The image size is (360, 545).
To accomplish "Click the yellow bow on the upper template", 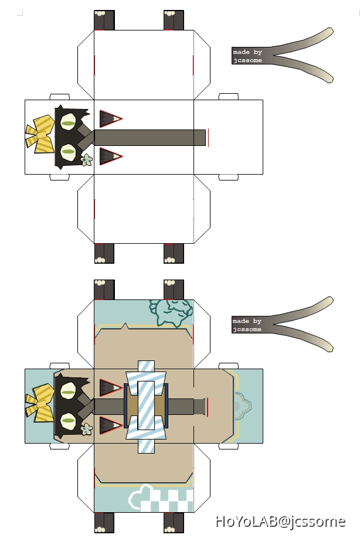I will [40, 135].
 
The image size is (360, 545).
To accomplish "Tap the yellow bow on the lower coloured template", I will [40, 404].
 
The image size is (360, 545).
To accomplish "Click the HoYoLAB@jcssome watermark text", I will [280, 521].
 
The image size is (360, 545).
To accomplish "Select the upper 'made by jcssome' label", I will [247, 56].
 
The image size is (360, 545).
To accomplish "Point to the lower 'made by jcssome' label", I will [247, 325].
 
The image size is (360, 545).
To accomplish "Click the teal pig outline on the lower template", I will [171, 311].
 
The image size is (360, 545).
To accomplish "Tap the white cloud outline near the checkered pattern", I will [140, 499].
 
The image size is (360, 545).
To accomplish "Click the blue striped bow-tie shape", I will [146, 407].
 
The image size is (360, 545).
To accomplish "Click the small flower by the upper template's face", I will [87, 159].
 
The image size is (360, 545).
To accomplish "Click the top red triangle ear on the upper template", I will [110, 119].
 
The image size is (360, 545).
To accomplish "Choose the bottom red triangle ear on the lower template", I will [110, 424].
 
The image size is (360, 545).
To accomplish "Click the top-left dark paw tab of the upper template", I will [104, 21].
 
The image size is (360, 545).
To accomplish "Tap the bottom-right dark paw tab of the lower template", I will [174, 523].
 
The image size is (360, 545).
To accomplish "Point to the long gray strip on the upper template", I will [150, 137].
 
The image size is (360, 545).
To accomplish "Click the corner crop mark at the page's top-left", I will [20, 12].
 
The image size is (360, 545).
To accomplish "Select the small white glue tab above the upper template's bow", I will [59, 96].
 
